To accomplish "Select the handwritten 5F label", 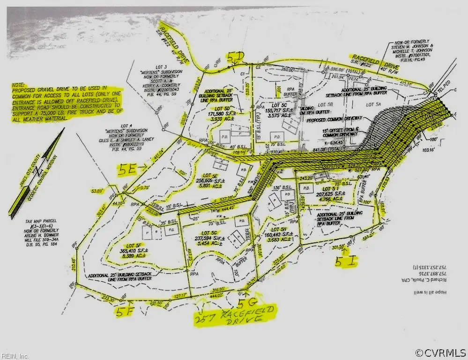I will pyautogui.click(x=126, y=312).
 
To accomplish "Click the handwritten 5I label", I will pyautogui.click(x=345, y=261).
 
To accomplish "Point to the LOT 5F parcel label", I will pyautogui.click(x=134, y=245).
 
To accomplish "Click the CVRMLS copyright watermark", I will pyautogui.click(x=440, y=352).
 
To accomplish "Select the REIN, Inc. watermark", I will pyautogui.click(x=15, y=356).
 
